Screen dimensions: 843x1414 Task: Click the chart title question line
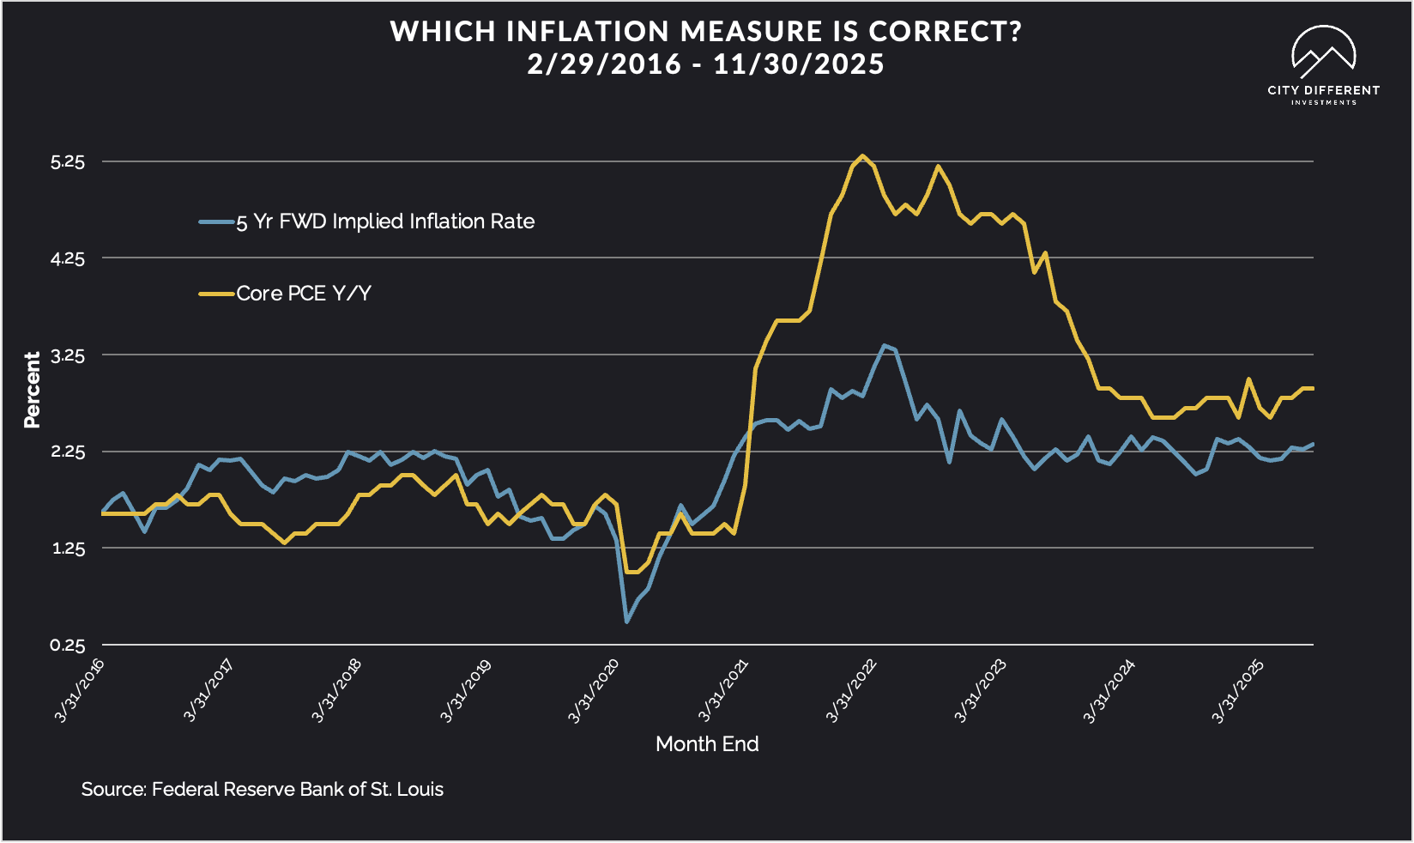[706, 32]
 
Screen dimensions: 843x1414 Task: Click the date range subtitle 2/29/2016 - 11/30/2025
[706, 64]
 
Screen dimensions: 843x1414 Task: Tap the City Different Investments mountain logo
[1323, 52]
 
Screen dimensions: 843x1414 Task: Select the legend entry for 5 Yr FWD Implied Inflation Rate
[384, 221]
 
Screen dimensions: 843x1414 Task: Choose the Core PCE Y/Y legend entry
[303, 294]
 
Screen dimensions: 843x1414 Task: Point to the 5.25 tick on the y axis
[68, 161]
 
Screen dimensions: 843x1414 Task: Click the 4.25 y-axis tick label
[68, 258]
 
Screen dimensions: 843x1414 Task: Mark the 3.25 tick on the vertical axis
[68, 355]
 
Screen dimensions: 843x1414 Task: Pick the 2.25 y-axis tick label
[68, 452]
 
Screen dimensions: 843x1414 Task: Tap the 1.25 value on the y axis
[68, 549]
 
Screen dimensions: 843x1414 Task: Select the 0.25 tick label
[68, 646]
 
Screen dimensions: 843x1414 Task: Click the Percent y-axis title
[33, 390]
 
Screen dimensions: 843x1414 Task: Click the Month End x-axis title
[707, 743]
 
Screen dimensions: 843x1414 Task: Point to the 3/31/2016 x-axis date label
[80, 690]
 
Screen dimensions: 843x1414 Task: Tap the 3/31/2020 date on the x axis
[594, 690]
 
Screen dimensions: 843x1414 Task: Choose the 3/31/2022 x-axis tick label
[851, 690]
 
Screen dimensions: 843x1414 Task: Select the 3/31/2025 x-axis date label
[1237, 690]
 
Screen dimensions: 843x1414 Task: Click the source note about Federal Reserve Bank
[262, 789]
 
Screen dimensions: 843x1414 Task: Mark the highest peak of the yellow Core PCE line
[862, 156]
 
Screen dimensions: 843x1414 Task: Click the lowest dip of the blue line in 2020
[627, 621]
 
